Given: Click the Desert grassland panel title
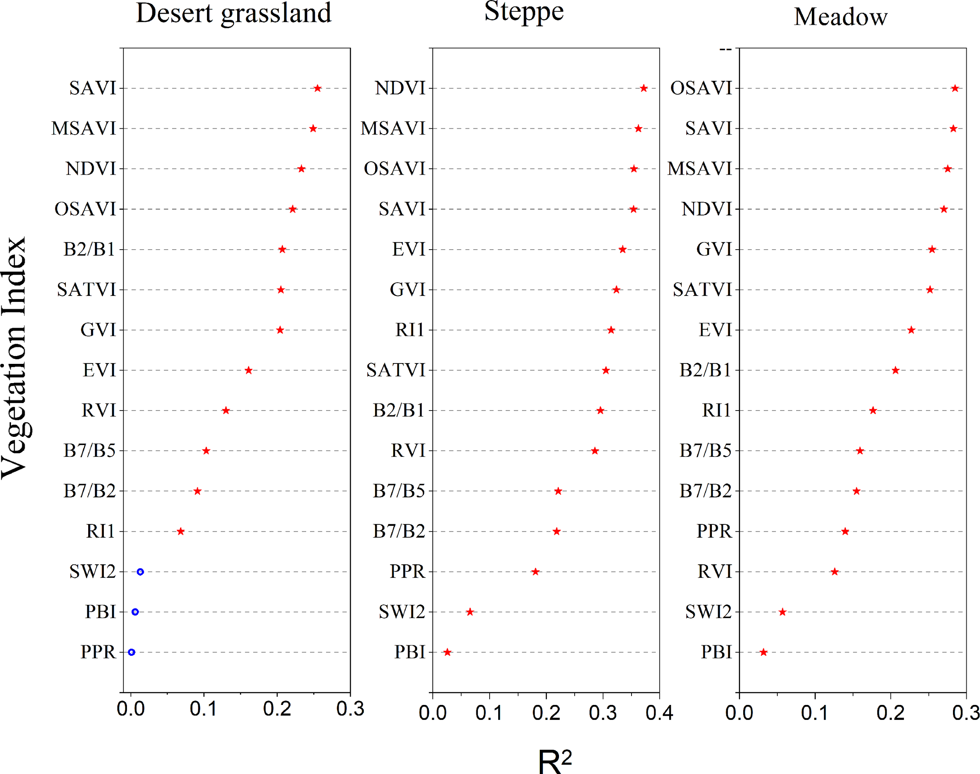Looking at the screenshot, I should [234, 14].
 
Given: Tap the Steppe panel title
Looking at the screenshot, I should [524, 12].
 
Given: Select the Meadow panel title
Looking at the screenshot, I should [840, 17].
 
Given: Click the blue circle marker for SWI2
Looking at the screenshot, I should [140, 572].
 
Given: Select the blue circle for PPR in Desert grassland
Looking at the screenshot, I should [131, 652].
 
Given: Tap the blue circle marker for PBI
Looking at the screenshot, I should [135, 612].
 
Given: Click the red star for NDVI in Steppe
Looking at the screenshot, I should [644, 88].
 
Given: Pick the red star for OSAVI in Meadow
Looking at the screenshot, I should [955, 88].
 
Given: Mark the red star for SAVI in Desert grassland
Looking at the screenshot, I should [317, 88].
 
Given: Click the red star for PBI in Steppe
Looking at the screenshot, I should [447, 652].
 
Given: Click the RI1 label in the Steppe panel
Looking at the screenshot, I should [410, 330].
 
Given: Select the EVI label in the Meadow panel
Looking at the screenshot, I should [715, 330].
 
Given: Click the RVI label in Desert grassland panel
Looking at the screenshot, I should [99, 411].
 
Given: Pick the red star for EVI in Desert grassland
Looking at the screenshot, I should [249, 370].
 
